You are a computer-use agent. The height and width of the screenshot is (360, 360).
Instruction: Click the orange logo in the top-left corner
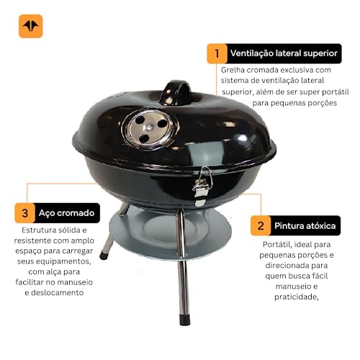point(30,26)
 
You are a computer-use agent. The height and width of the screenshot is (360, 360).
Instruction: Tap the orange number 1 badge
point(215,53)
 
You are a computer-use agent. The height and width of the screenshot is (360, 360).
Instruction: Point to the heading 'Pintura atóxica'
point(304,225)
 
